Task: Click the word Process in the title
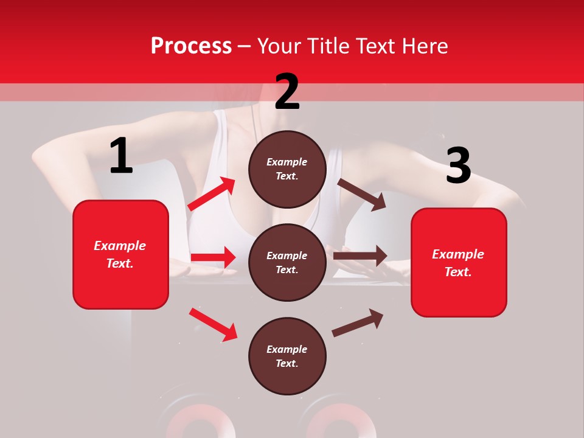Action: [x=191, y=46]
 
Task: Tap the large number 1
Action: [x=121, y=156]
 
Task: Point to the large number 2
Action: [x=287, y=92]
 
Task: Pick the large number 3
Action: [x=458, y=166]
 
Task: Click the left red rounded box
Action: [x=120, y=254]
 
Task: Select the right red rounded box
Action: [x=459, y=263]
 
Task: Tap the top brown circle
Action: [x=287, y=169]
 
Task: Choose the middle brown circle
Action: [x=287, y=263]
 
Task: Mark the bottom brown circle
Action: [x=287, y=356]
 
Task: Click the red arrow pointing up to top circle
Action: [x=212, y=194]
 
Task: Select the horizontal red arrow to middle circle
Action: [x=213, y=258]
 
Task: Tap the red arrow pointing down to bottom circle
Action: [x=213, y=324]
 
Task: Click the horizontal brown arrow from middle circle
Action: [x=360, y=256]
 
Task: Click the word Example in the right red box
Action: [x=458, y=254]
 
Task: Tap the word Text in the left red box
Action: [x=119, y=263]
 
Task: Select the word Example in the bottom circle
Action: [x=287, y=349]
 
